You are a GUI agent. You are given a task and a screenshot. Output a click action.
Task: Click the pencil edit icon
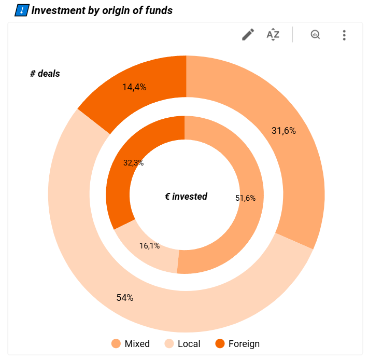tap(248, 35)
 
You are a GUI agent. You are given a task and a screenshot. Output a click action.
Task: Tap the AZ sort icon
tap(273, 35)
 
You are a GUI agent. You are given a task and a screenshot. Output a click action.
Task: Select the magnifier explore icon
tap(315, 35)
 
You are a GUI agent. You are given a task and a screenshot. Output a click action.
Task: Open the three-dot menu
tap(344, 35)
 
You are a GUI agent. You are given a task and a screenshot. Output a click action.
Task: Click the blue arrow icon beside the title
tap(21, 10)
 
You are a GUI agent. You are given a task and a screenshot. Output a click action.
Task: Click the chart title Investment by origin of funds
tap(102, 10)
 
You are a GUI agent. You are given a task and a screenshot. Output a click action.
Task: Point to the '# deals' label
tap(45, 74)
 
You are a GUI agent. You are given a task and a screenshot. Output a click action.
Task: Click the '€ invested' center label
tap(186, 196)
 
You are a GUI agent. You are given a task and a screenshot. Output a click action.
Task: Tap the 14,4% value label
tap(134, 87)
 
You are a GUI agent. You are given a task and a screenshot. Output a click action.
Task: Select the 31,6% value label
tap(283, 131)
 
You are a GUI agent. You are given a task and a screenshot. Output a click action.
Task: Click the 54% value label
tap(125, 298)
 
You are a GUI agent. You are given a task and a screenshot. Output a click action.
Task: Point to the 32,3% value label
tap(133, 163)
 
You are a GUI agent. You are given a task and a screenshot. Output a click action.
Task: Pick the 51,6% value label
tap(245, 198)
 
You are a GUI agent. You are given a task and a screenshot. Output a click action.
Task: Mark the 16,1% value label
tap(149, 246)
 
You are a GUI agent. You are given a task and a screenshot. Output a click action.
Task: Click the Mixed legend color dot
tap(116, 343)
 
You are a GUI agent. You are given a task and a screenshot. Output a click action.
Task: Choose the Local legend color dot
tap(169, 343)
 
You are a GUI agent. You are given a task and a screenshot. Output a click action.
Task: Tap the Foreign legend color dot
tap(220, 343)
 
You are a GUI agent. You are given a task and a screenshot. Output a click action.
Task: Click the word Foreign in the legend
tap(244, 343)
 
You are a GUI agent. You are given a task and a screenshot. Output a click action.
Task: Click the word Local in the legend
tap(189, 343)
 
